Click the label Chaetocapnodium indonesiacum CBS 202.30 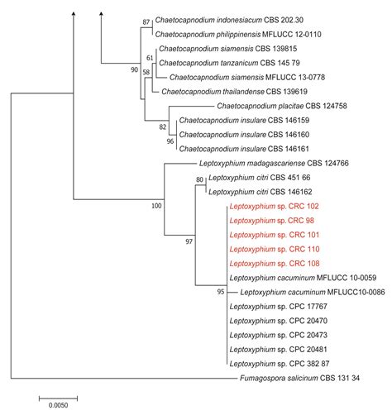(x=222, y=21)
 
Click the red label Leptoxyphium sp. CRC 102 (x=271, y=207)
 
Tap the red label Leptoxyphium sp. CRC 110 (x=271, y=249)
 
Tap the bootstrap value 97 (x=189, y=241)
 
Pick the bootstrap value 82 (x=163, y=126)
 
